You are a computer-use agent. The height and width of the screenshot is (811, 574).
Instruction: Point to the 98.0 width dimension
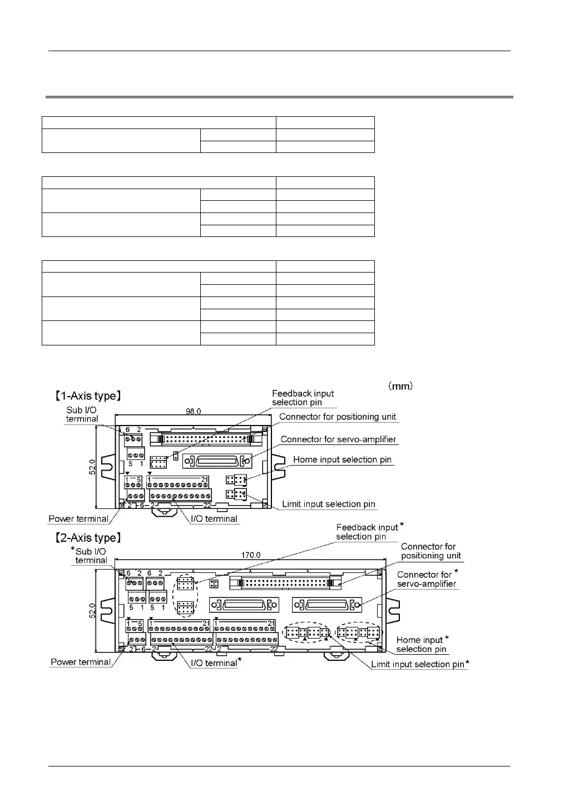[x=193, y=412]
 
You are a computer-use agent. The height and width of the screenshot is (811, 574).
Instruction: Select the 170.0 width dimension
[x=250, y=555]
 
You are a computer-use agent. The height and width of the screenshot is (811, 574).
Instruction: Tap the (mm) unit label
[x=399, y=385]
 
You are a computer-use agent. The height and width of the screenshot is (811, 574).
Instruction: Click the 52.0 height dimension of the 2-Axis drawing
[x=93, y=610]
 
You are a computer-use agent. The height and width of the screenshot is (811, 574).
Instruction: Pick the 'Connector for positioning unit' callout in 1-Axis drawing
[x=338, y=417]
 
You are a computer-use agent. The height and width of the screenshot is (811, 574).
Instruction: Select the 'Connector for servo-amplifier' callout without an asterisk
[x=338, y=439]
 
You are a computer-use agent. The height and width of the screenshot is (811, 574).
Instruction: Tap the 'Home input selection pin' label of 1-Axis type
[x=342, y=459]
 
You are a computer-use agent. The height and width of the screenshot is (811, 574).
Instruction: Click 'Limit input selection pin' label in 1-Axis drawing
[x=329, y=504]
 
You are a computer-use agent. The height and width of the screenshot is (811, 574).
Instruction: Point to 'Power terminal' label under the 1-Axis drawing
[x=78, y=518]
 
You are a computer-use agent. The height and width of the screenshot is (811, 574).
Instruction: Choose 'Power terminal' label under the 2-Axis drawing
[x=81, y=662]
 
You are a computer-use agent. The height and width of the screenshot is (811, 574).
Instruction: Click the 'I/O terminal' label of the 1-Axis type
[x=214, y=518]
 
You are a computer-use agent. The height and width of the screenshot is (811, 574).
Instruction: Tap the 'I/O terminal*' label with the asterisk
[x=216, y=662]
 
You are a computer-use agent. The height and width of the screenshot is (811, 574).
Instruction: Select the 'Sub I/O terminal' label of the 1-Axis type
[x=82, y=414]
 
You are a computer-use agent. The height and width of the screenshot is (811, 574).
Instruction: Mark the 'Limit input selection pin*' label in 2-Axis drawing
[x=420, y=664]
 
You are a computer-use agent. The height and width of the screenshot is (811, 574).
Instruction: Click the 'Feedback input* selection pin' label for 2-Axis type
[x=368, y=532]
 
